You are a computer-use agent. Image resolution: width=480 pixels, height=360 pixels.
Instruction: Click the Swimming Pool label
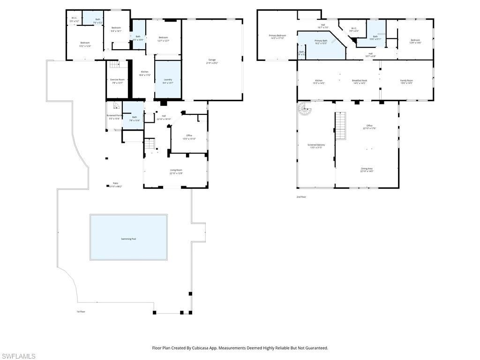[x=128, y=239]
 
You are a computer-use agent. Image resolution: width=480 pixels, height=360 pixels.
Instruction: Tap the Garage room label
[x=212, y=60]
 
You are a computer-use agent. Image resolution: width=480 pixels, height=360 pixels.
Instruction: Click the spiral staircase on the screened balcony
[x=305, y=110]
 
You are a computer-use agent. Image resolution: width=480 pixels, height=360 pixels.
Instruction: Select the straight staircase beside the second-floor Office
[x=341, y=126]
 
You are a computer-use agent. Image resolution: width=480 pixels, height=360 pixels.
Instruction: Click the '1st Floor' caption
[x=81, y=311]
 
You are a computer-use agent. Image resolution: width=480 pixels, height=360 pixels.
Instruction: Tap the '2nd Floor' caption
[x=301, y=197]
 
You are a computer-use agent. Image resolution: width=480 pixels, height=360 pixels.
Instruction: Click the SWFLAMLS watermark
[x=18, y=356]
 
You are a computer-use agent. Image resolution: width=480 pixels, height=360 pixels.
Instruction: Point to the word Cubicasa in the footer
[x=207, y=348]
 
